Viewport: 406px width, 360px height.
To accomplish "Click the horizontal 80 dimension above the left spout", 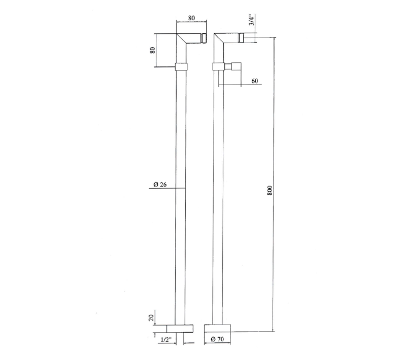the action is [x=191, y=18].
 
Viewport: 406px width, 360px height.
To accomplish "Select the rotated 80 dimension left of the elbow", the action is [x=153, y=50].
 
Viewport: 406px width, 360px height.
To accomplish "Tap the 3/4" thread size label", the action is [x=251, y=20].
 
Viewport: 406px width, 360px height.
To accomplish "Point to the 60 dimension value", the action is [x=255, y=81].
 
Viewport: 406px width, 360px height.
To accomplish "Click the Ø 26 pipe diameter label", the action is [x=160, y=185].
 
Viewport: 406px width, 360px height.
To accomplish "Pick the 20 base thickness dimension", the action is [x=152, y=317].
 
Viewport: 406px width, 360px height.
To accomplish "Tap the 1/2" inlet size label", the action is [x=166, y=340].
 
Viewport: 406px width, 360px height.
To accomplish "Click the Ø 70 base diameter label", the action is [x=217, y=339].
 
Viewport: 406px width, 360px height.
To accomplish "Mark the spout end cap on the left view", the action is [x=205, y=38].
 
